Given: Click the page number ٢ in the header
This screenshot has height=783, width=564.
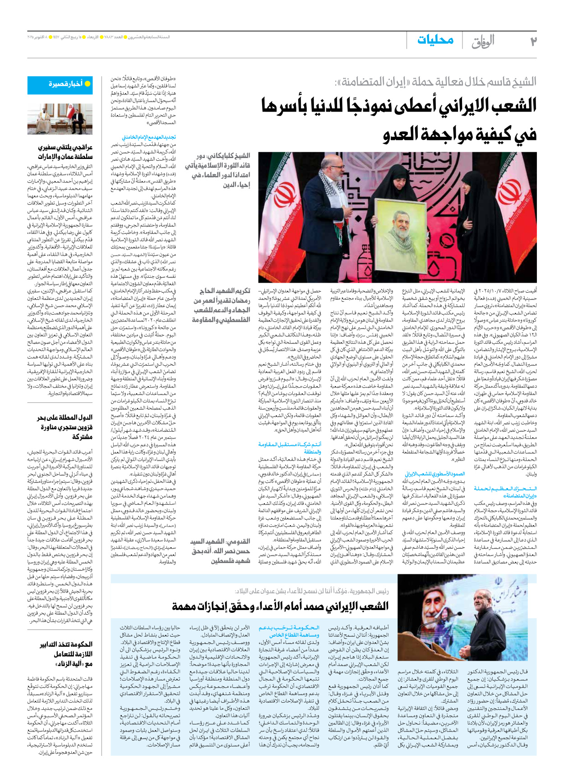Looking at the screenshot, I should pos(533,41).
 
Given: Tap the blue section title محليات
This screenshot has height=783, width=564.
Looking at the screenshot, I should pos(435,40).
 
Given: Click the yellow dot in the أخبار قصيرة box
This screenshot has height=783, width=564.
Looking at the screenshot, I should pos(88,84).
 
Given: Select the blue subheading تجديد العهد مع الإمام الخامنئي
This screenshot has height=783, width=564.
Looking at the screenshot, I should pos(148,137).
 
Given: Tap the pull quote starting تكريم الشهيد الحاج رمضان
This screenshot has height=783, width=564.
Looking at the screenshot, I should pos(222,305).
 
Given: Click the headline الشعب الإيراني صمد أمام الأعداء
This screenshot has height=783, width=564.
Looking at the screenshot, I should pos(280,606).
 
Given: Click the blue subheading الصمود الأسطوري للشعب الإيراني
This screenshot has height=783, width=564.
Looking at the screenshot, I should pos(434,474).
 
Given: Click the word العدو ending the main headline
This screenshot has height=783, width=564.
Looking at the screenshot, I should pos(406,134).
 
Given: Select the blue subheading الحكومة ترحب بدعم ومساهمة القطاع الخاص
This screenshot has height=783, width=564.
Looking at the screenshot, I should pos(289,631).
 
